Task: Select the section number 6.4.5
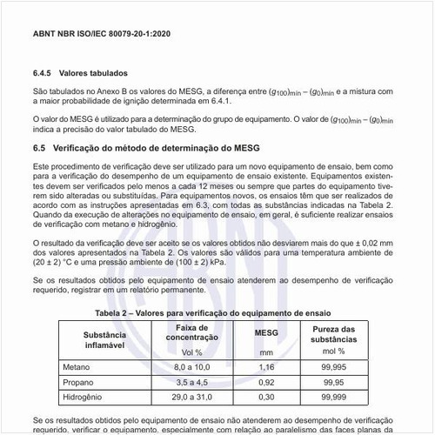coord(43,73)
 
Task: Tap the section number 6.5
coord(40,149)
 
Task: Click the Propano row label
coord(78,381)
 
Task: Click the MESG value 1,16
coord(265,368)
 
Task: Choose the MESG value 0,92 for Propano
coord(265,381)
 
